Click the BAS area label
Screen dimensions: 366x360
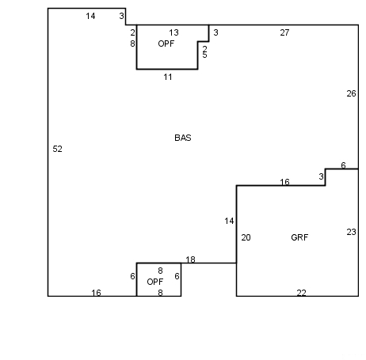[183, 138]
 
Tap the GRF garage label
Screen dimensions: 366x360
[299, 237]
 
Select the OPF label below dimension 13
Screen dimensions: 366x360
[166, 44]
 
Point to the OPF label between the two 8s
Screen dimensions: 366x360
[155, 282]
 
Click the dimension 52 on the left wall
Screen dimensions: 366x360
[57, 149]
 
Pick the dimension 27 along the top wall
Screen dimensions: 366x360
[284, 32]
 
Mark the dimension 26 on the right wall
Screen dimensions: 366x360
[351, 93]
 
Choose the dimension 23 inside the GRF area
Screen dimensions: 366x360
[351, 232]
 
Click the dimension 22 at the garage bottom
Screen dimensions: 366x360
[301, 293]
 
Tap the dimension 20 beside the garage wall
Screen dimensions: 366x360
[246, 237]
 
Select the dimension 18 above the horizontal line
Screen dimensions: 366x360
[190, 260]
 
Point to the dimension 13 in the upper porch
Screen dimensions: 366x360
[173, 32]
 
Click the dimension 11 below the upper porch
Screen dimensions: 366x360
[168, 77]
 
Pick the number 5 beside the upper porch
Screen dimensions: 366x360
[204, 55]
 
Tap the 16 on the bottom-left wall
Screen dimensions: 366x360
[96, 293]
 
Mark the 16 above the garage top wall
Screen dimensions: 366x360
[284, 182]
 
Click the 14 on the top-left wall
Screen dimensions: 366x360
[90, 16]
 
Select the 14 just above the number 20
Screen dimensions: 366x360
[229, 221]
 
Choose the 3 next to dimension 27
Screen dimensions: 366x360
[215, 32]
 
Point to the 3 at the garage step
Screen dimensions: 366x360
[321, 176]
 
